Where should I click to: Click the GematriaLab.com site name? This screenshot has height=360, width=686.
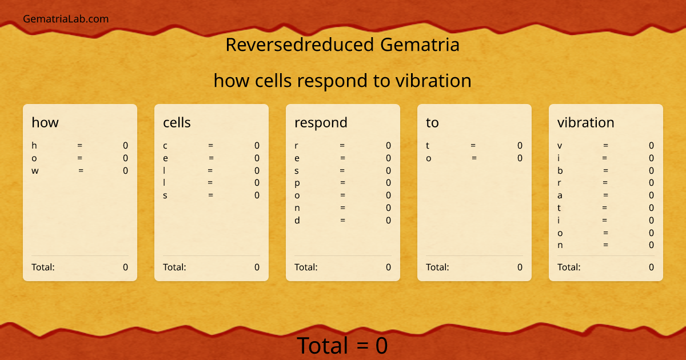(66, 19)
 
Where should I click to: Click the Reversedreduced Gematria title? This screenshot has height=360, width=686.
(342, 45)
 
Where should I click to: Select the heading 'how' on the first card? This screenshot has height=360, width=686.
(45, 122)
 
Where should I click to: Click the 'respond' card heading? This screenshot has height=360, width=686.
(321, 122)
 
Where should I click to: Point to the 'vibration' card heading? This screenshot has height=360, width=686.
(586, 122)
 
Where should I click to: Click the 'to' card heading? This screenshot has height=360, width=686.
(432, 122)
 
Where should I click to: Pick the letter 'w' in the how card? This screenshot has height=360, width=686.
(34, 170)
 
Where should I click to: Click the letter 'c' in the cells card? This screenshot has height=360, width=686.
(165, 146)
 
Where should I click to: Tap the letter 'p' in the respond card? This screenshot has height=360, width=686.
(297, 183)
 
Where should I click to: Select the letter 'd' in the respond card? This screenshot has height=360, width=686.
(297, 220)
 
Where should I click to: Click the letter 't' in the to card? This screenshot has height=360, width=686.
(428, 146)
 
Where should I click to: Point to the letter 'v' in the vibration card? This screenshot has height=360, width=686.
(560, 146)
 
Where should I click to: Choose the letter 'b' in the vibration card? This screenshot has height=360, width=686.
(560, 170)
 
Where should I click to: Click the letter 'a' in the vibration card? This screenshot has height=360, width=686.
(560, 195)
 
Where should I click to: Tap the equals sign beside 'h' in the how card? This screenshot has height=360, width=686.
(79, 146)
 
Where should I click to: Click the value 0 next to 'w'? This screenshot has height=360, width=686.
(126, 170)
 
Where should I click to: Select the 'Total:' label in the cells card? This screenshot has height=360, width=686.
(174, 267)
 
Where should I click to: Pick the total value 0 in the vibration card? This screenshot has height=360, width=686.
(651, 267)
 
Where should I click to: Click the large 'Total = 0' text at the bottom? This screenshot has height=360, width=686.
(342, 346)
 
